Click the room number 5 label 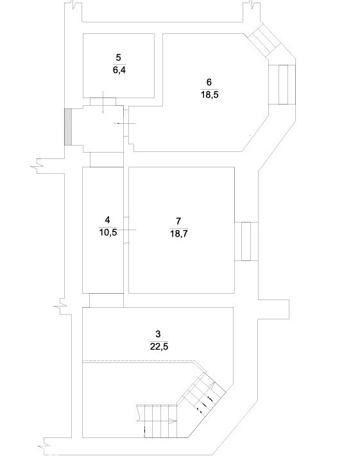(118, 57)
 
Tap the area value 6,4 (119, 70)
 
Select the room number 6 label (209, 82)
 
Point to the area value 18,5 (210, 95)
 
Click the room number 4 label (108, 220)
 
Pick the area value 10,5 (108, 233)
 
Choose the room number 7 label (178, 221)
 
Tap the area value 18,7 (178, 233)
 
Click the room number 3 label (158, 334)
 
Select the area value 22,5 (159, 346)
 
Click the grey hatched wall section (68, 127)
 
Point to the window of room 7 (246, 241)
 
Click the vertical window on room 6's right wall (282, 85)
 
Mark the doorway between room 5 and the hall (103, 101)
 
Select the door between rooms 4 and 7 (126, 230)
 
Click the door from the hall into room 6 (126, 123)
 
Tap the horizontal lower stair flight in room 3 (157, 421)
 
